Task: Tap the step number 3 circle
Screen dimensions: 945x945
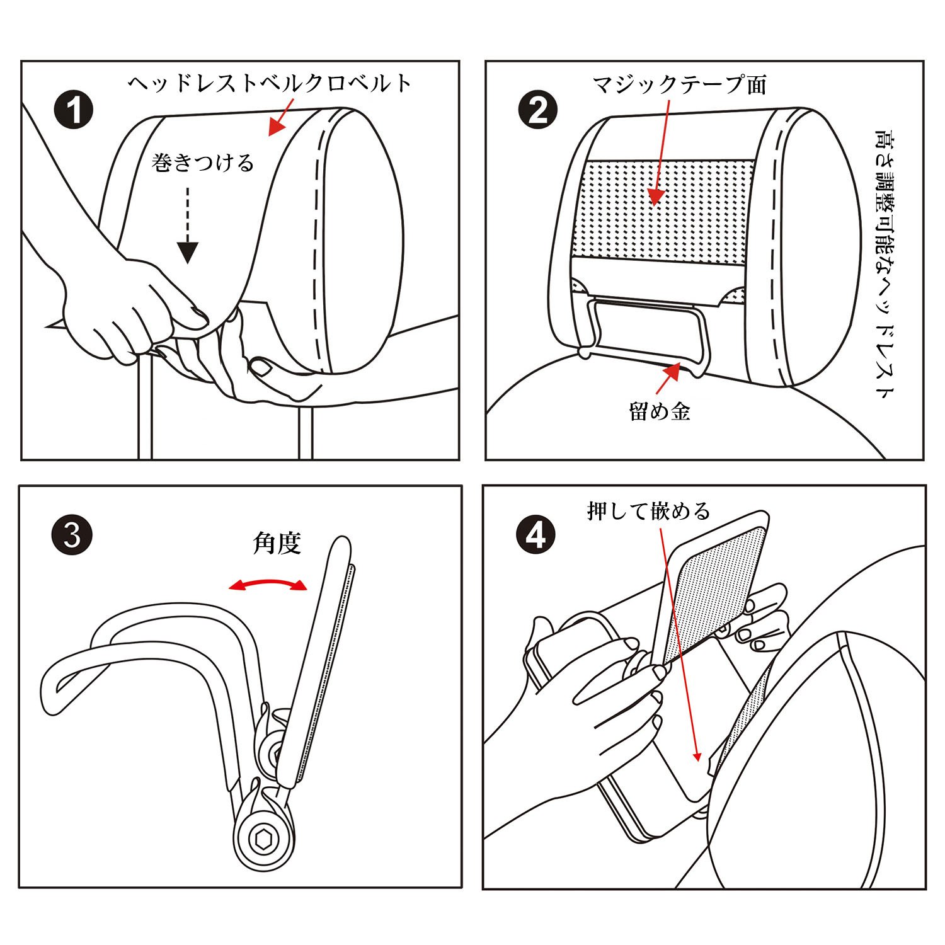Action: tap(72, 536)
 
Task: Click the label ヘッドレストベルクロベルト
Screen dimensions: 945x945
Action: tap(270, 83)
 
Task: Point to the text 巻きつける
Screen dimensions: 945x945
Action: tap(203, 163)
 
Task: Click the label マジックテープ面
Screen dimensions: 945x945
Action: tap(679, 84)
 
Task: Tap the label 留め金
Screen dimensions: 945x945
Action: tap(660, 411)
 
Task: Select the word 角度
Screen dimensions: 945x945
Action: tap(277, 542)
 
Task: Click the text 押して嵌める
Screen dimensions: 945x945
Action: tap(649, 510)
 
